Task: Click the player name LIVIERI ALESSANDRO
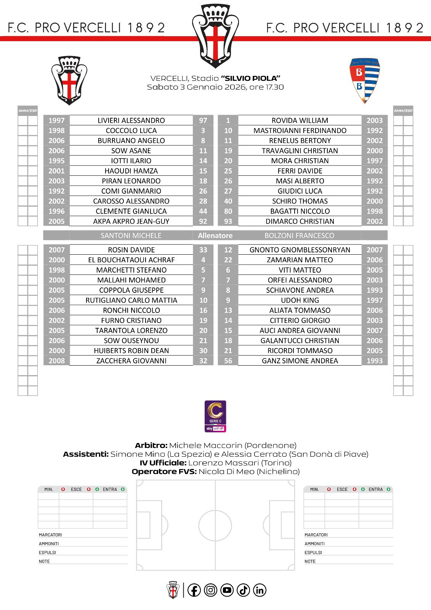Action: tap(131, 120)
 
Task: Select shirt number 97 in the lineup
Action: tap(203, 120)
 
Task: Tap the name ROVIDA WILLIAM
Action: tap(300, 120)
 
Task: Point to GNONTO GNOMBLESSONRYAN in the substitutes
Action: tap(300, 250)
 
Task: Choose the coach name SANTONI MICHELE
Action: tap(131, 236)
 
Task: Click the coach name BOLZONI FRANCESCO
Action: tap(299, 236)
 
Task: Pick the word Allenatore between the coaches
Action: tap(215, 236)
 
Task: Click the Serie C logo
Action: tap(215, 416)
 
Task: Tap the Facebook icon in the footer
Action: tap(194, 590)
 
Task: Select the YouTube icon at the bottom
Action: tap(227, 590)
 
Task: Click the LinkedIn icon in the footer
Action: tap(260, 590)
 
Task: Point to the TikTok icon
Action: tap(243, 590)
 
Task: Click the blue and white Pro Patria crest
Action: tap(364, 80)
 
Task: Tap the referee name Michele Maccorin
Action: tap(205, 445)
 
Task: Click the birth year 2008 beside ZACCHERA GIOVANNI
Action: tap(56, 361)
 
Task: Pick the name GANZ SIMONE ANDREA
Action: tap(300, 361)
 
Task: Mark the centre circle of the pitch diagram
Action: tap(215, 525)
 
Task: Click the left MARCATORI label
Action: tap(50, 535)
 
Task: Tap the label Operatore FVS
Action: tap(164, 472)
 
